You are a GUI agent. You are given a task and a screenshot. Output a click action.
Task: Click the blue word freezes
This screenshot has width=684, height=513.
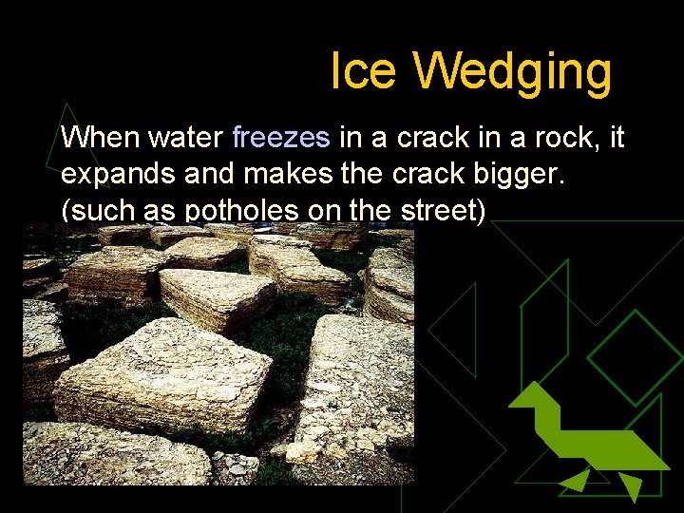point(281,139)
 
